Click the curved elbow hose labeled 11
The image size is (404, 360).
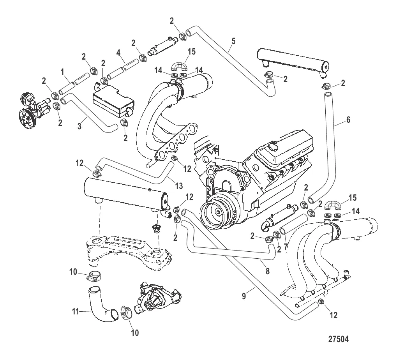coord(100,304)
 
